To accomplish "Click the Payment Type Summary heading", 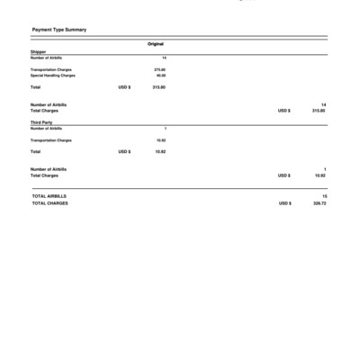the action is pos(58,30).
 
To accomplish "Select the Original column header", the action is pos(156,43).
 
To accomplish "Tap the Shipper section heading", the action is pos(38,53).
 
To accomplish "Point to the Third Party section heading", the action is pos(41,122).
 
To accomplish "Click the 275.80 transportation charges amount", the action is pos(160,69).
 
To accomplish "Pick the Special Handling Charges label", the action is pos(53,76).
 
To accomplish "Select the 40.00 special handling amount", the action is pos(161,76).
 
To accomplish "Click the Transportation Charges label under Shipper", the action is pos(51,69).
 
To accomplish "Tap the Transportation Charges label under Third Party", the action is pos(51,140).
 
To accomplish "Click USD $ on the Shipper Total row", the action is pos(125,88).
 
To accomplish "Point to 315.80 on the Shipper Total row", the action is pos(159,88).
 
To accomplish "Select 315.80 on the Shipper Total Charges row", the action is pos(319,111).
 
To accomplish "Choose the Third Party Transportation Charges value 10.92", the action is pos(161,140).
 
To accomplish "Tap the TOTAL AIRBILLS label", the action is pos(49,195).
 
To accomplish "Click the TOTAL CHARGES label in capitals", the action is pos(50,202).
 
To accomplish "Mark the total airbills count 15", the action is pos(324,195).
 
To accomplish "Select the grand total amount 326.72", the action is pos(319,202).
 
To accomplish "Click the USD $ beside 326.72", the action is pos(284,202).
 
